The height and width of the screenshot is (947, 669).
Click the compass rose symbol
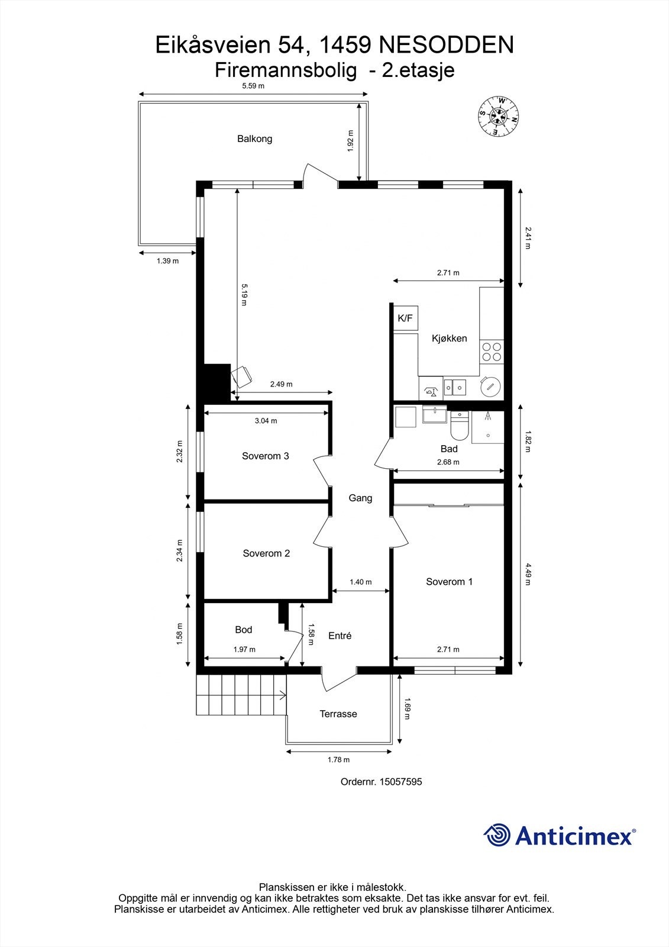coord(499,116)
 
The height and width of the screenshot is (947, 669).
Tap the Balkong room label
coord(254,139)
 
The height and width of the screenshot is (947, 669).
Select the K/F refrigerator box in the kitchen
coord(406,318)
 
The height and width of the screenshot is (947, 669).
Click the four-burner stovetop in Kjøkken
coord(491,352)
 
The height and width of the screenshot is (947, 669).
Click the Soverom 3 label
coord(265,456)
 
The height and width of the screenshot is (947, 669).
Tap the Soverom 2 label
coord(266,553)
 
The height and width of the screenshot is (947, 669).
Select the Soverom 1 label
coord(449,582)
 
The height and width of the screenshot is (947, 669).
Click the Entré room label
coord(340,636)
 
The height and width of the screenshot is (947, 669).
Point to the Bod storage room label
coord(243,630)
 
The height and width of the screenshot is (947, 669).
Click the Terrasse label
coord(338,714)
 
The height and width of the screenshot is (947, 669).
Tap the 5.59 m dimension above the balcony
coord(253,86)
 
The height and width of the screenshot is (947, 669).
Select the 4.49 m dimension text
coord(527,574)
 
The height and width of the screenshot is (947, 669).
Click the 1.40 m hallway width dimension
coord(360,582)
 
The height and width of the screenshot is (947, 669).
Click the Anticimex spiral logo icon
coord(497,835)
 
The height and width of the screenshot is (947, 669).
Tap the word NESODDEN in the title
coord(446,45)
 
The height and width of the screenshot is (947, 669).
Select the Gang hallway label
coord(360,498)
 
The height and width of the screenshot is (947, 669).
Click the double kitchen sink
coord(455,388)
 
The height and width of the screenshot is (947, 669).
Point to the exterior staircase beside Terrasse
coord(241,694)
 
